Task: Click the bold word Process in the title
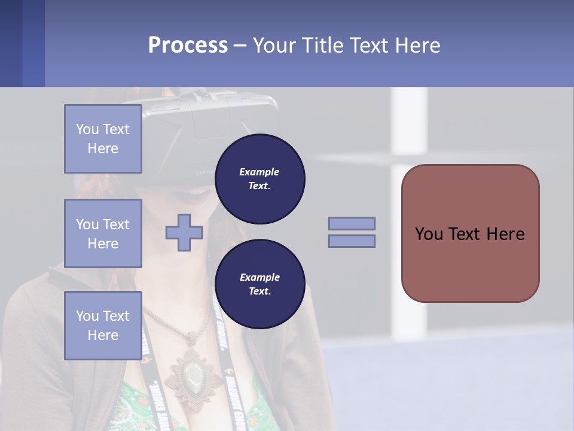(188, 45)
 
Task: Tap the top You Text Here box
(103, 139)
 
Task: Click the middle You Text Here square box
(103, 233)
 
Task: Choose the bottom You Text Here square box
(103, 325)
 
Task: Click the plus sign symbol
(184, 233)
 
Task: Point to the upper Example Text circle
(259, 178)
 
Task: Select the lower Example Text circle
(259, 284)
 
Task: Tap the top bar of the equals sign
(352, 223)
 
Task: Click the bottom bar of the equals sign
(352, 241)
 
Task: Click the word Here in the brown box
(505, 234)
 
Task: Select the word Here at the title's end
(416, 45)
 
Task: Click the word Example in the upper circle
(259, 172)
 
